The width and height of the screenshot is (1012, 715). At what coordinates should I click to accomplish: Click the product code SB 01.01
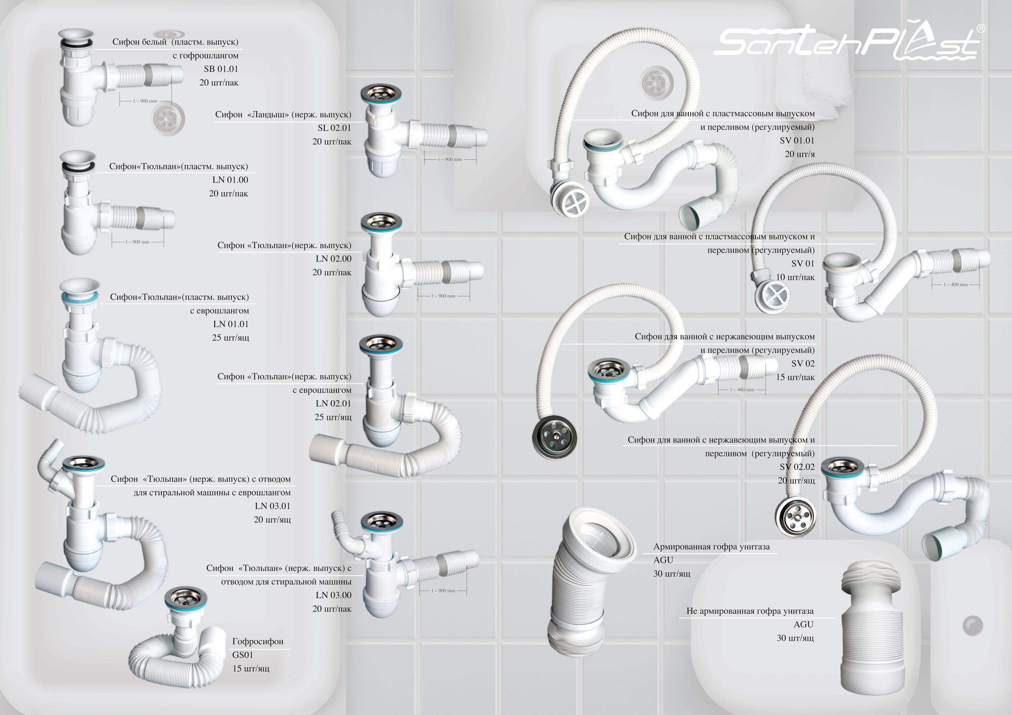click(x=221, y=69)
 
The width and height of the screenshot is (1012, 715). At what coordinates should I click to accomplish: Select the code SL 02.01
click(x=335, y=128)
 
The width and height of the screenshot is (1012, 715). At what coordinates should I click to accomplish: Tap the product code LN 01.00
click(x=230, y=180)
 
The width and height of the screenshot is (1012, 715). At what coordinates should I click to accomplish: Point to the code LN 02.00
click(x=334, y=259)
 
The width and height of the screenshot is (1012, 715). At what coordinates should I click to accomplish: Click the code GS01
click(x=243, y=654)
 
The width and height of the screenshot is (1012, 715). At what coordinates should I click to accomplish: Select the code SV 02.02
click(x=797, y=467)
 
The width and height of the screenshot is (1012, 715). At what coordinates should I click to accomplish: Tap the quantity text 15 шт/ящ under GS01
click(x=251, y=668)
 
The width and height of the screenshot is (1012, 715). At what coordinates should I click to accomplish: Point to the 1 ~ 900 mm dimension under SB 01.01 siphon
click(x=145, y=101)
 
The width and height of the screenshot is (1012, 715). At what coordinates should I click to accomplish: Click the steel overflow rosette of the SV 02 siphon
click(x=554, y=436)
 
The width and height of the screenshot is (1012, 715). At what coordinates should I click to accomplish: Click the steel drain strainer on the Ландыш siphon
click(x=381, y=94)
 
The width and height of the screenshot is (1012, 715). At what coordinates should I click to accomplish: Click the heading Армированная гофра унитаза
click(x=711, y=547)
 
